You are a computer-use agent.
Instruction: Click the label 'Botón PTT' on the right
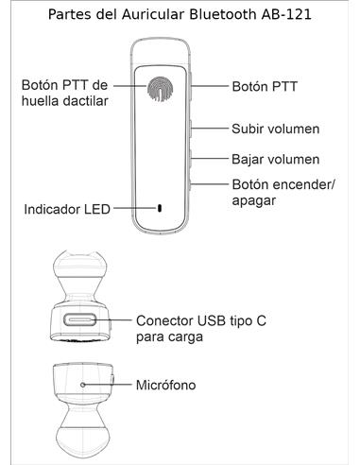(265, 86)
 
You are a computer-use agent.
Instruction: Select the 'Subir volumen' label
(275, 128)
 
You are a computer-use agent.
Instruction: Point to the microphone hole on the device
(84, 386)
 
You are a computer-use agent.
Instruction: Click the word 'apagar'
(253, 200)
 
